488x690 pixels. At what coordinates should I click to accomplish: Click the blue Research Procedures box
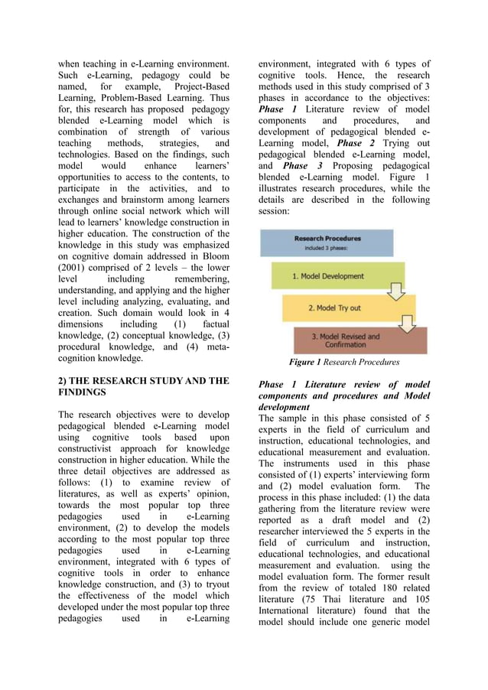coord(327,242)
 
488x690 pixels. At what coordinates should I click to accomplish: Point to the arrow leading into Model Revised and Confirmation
coord(407,324)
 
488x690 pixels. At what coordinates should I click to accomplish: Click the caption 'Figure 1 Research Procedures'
coord(343,362)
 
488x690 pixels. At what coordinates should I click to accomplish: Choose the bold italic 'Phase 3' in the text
coord(298,166)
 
